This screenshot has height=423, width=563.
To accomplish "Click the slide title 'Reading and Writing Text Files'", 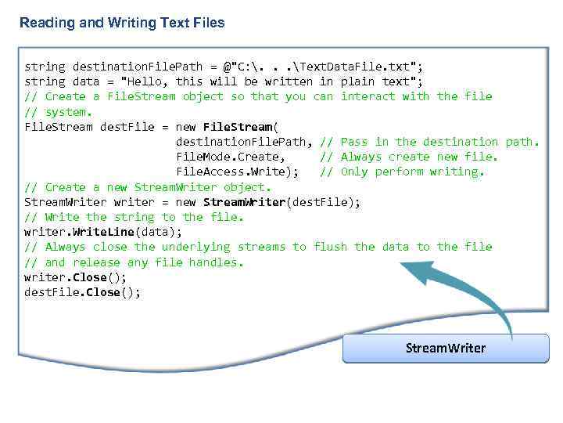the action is coord(122,23).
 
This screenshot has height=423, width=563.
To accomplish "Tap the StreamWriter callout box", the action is coord(446,348).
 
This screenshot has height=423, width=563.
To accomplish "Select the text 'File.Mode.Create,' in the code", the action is coord(228,157).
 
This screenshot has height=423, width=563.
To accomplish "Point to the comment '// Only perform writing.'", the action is coord(403,172).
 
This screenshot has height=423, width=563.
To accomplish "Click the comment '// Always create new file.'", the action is coord(409,157).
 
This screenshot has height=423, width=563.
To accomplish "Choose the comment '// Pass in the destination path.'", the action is coord(430,142).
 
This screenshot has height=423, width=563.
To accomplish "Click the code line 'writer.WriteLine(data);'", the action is coord(103,232).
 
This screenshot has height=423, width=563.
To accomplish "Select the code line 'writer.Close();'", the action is coord(76,277).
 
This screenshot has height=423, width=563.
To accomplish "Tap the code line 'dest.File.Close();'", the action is coord(83,292).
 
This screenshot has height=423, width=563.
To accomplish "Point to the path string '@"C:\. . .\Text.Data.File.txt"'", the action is coord(323,67).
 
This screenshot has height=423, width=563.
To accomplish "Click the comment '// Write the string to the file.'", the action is coord(134,217).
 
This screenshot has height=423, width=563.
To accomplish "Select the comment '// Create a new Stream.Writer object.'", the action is coord(148,187).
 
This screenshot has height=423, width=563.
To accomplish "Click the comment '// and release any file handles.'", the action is coord(134,262).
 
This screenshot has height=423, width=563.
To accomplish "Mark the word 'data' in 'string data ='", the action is coord(86,81).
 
